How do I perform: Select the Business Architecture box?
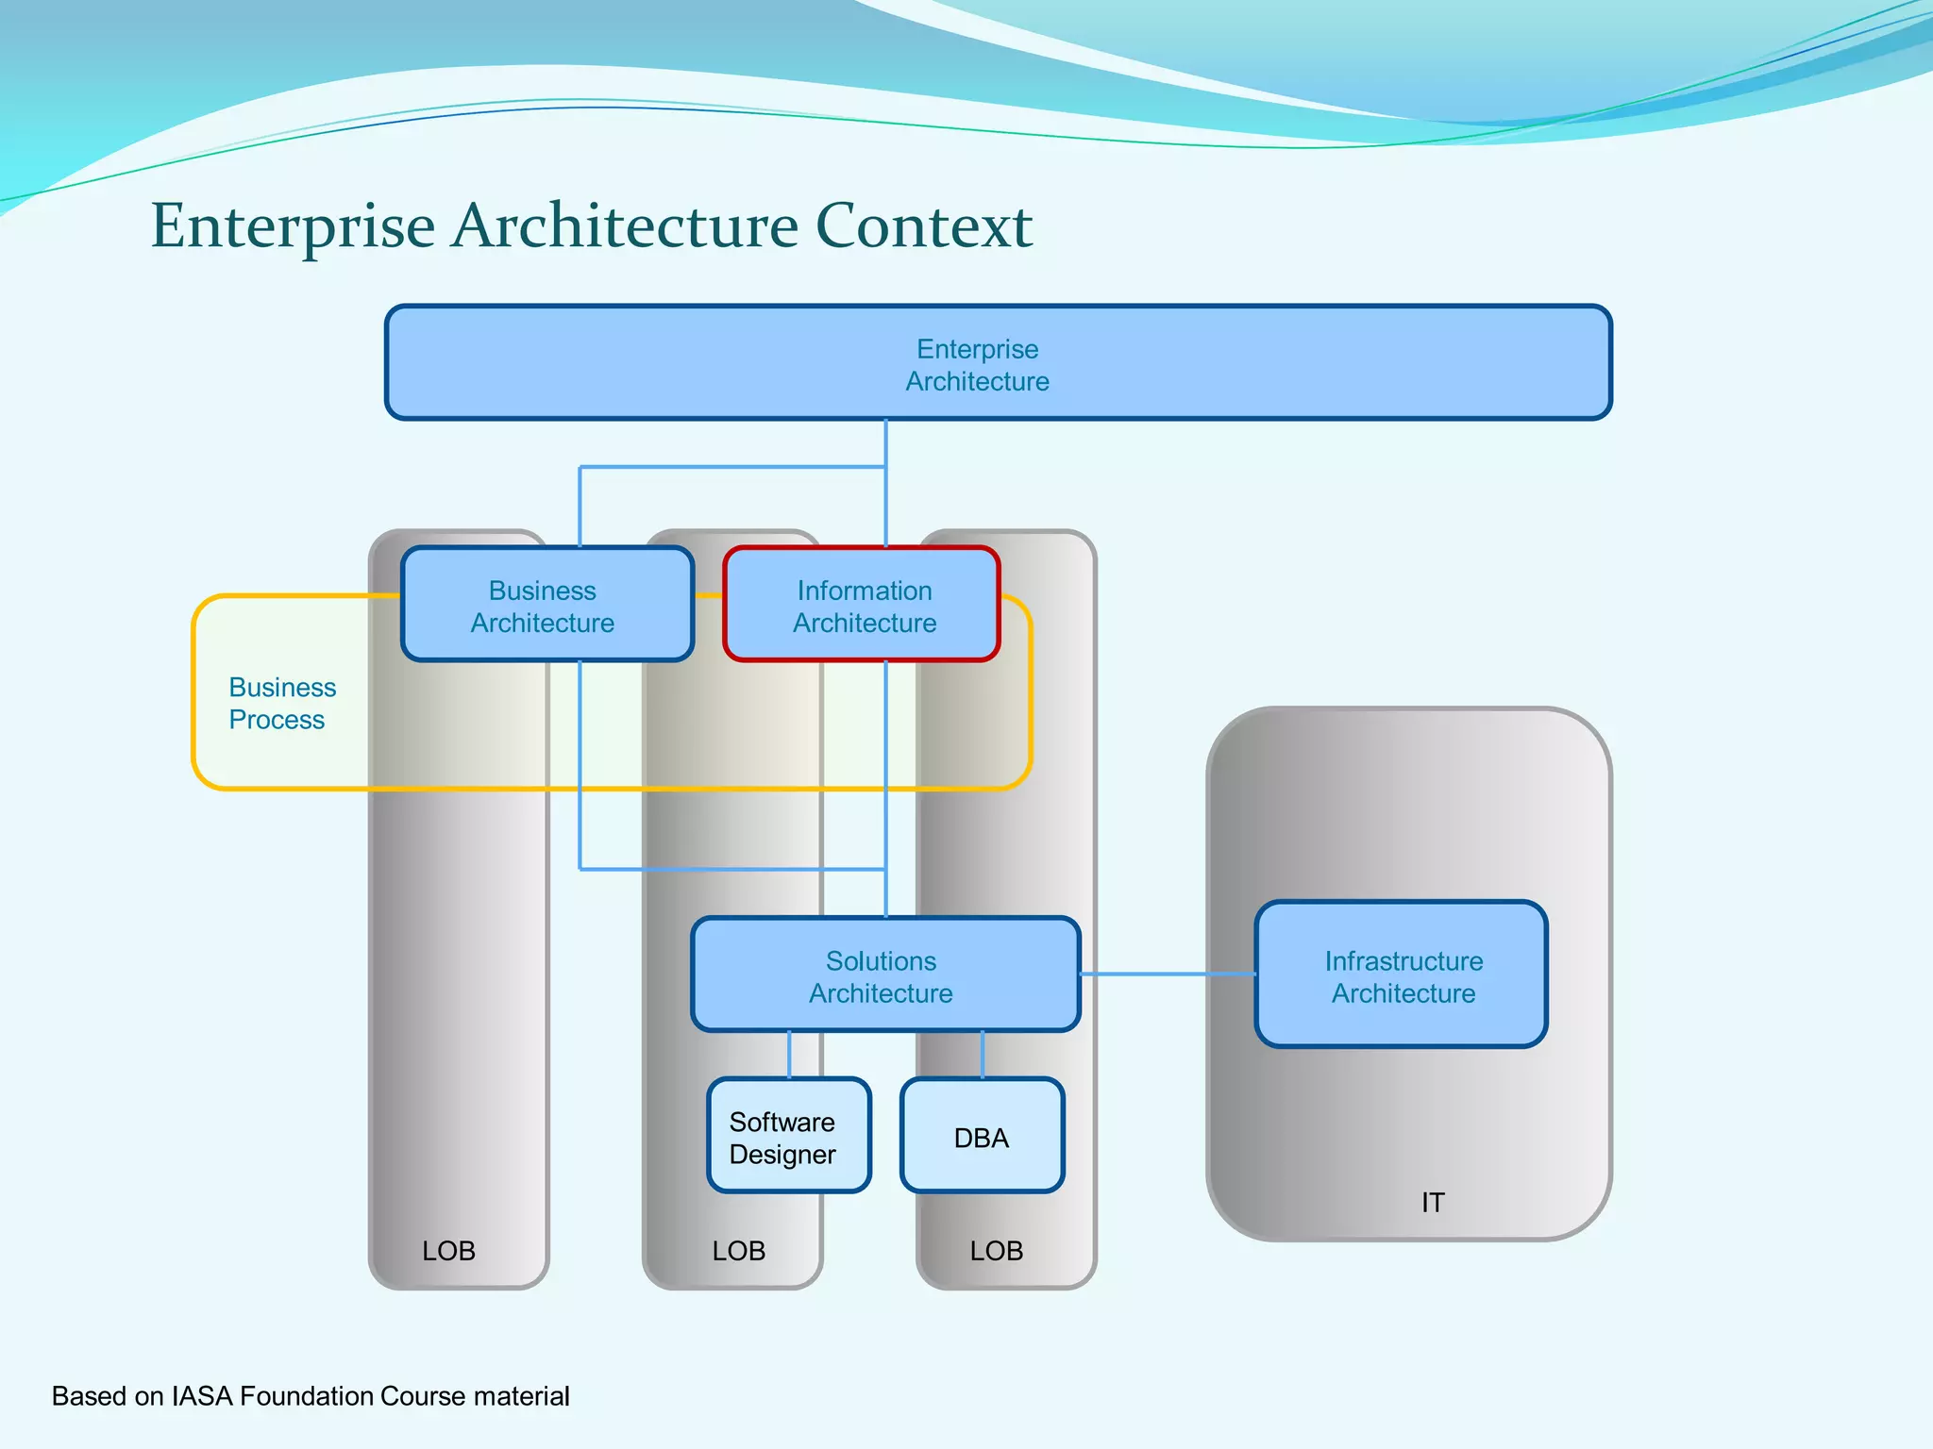[546, 606]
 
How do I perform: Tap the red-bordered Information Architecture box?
[862, 606]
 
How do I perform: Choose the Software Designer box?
[788, 1137]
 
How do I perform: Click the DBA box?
[982, 1137]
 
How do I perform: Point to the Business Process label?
[281, 703]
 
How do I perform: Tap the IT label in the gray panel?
[1432, 1202]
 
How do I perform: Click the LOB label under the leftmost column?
[448, 1251]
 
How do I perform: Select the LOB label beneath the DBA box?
[996, 1251]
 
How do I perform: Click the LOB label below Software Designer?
[738, 1251]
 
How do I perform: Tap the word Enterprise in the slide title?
[293, 226]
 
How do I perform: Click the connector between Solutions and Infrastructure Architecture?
[1168, 974]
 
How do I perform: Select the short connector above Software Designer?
[789, 1055]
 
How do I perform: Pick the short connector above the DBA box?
[983, 1055]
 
